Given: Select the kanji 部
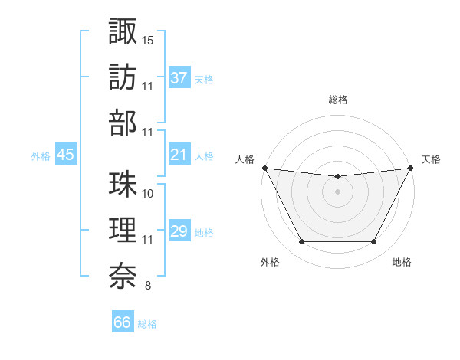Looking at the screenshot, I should (x=123, y=123).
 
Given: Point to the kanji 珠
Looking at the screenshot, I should (x=123, y=185).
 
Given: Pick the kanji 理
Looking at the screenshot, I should (x=123, y=231).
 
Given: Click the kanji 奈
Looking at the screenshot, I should (x=123, y=277).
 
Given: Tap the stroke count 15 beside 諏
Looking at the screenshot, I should (x=148, y=39).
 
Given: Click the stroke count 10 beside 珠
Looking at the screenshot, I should (x=148, y=194).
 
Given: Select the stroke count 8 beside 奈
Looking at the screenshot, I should (x=148, y=286).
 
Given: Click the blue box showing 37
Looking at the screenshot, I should (x=179, y=77).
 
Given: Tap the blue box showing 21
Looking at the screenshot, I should (x=179, y=155).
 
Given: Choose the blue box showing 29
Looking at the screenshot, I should (x=179, y=231).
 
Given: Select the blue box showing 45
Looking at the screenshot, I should (x=65, y=155).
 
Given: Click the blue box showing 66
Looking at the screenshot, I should (x=123, y=322).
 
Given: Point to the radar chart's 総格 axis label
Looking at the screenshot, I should (x=337, y=100).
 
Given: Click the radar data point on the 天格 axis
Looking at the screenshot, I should (x=411, y=168).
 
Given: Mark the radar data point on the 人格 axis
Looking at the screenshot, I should (x=264, y=168).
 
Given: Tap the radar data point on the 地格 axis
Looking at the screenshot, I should (x=374, y=242).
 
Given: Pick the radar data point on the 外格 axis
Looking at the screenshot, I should (x=301, y=242).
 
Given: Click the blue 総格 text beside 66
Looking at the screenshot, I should (x=147, y=324).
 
